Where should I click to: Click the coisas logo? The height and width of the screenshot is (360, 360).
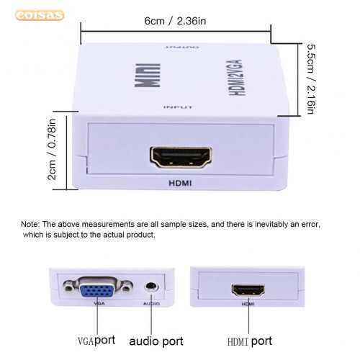tap(40, 15)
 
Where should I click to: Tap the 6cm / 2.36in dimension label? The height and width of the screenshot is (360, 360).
tap(175, 21)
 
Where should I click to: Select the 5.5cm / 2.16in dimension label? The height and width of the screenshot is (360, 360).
tap(311, 79)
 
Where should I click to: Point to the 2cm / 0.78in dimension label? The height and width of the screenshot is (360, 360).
tap(52, 149)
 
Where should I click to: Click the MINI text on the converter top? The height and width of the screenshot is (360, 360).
tap(148, 75)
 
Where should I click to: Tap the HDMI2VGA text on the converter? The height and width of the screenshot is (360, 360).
tap(235, 78)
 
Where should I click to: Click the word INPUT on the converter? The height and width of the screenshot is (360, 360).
tap(178, 107)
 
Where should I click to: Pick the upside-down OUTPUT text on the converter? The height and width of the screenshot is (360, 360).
tap(182, 47)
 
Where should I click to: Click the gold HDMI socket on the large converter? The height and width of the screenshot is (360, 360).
tap(181, 157)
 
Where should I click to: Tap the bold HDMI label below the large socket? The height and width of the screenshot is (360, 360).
tap(180, 184)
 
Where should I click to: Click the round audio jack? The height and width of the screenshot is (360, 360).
tap(151, 287)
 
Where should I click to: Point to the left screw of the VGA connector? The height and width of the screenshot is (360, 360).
tap(69, 287)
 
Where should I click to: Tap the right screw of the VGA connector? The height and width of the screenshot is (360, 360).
tap(126, 287)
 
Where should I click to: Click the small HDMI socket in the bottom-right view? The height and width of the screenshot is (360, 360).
tap(248, 290)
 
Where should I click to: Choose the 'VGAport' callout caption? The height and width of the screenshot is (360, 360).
tap(96, 341)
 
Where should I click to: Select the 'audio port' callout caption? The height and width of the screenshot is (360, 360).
tap(156, 341)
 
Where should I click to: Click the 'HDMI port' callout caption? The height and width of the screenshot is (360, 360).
tap(250, 341)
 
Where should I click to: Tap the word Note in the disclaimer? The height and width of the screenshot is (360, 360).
tap(30, 224)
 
